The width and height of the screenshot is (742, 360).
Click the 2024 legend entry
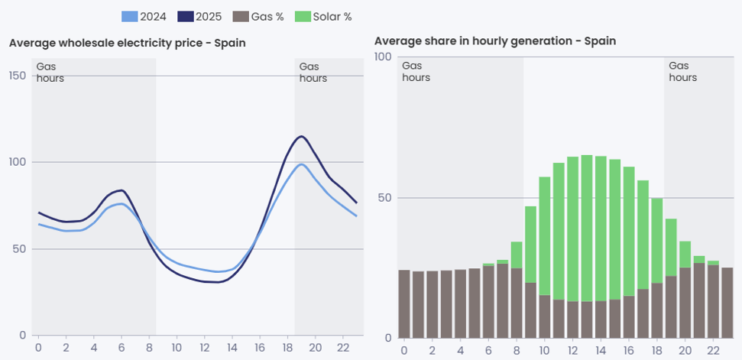point(144,17)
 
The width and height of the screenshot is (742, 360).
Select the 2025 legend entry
point(199,17)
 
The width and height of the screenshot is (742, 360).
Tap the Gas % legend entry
point(258,17)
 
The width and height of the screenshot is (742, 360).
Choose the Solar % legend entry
point(323,17)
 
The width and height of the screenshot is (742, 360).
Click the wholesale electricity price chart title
point(128,43)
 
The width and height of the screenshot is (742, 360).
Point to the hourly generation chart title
point(495,41)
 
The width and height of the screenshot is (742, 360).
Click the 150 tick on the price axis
point(18,76)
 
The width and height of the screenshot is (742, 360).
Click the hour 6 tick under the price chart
point(122,347)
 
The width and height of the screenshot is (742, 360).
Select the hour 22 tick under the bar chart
point(711,351)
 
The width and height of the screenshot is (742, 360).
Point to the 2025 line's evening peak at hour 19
point(301,136)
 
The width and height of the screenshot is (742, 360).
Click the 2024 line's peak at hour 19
point(301,164)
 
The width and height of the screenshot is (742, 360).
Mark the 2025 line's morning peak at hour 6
point(122,190)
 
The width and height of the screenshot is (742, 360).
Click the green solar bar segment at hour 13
point(587,229)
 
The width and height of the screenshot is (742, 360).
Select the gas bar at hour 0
point(404,303)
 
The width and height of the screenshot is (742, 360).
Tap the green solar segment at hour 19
point(671,248)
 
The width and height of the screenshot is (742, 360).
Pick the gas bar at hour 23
point(727,303)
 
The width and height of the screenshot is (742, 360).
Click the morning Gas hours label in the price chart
point(50,73)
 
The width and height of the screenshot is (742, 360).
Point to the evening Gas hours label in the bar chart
point(683,71)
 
